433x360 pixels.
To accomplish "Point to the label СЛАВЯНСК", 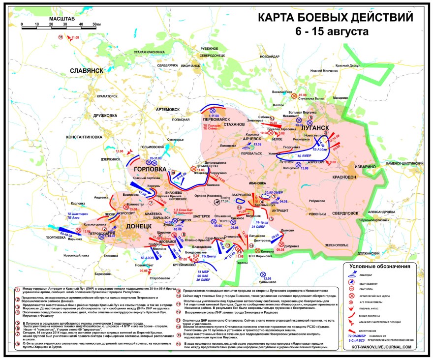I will pos(86,70).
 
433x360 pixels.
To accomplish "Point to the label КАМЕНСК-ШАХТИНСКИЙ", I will pos(407,163).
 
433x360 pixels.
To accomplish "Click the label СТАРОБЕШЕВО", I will pos(150,278).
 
